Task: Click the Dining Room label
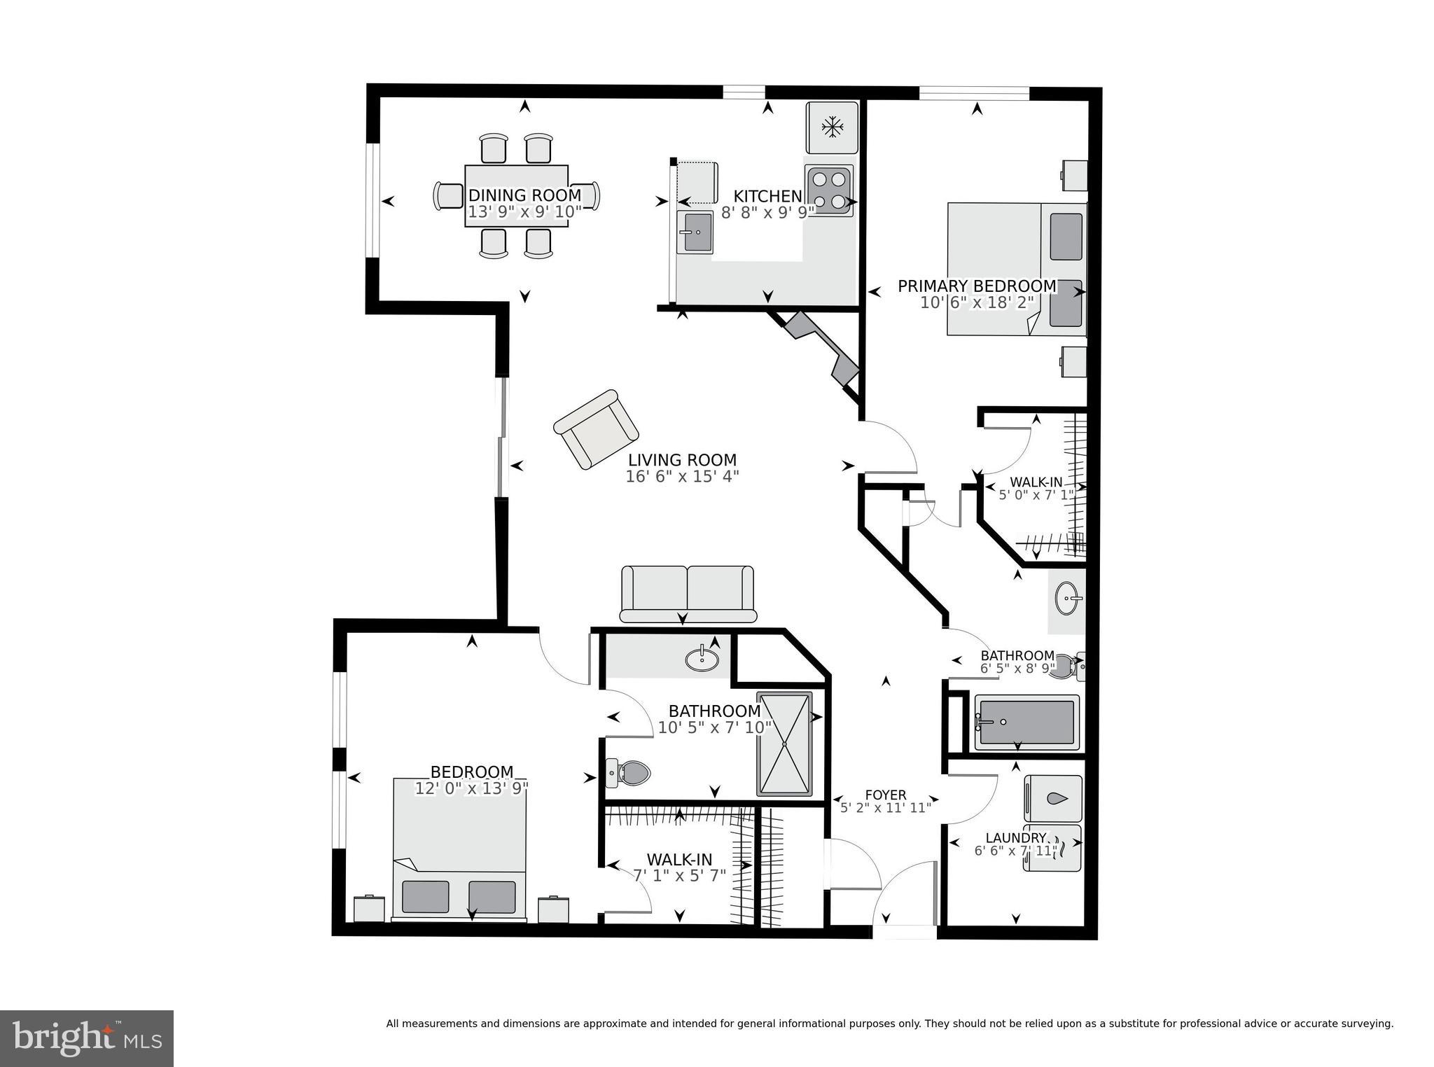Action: [524, 195]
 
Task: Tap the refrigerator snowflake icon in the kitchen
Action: [832, 127]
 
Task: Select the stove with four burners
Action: [828, 190]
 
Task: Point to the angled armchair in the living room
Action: [596, 429]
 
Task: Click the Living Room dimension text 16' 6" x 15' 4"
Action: [682, 477]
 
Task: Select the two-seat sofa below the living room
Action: [688, 594]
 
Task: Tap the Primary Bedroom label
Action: [977, 286]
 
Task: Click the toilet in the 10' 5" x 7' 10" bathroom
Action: [629, 773]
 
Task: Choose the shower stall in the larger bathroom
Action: [784, 744]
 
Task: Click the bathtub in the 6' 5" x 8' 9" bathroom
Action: [1026, 723]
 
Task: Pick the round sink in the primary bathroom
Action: [1068, 599]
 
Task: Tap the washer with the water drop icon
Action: [1053, 798]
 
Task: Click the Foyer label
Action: [886, 795]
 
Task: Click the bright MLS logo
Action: [87, 1038]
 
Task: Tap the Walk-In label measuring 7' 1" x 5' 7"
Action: [678, 860]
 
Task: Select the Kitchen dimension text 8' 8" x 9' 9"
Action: [767, 212]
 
